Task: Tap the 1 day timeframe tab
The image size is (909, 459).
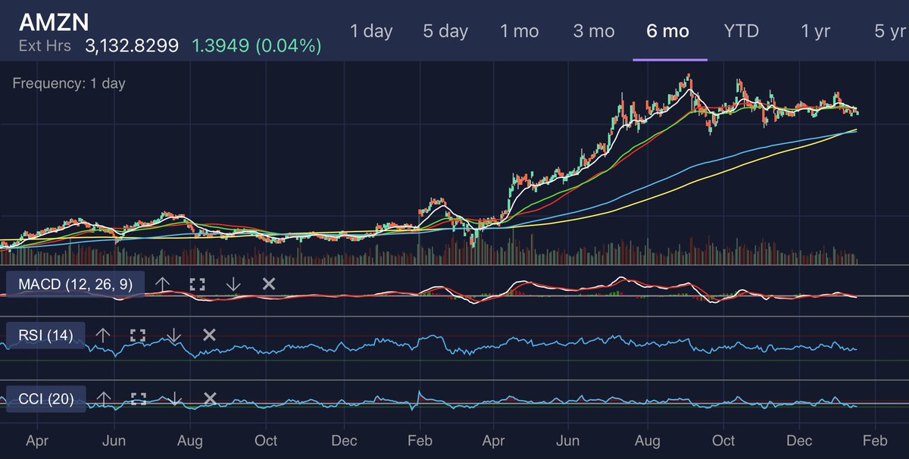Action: point(371,32)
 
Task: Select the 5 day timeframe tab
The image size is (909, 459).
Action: point(445,32)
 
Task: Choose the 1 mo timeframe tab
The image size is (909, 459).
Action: point(520,32)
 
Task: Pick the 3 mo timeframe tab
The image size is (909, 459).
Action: point(594,32)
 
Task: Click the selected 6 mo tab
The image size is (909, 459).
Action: point(668,32)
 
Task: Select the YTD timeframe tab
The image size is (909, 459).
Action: point(742,32)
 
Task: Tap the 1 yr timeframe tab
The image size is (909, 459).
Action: point(816,32)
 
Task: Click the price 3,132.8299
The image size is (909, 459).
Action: point(132,46)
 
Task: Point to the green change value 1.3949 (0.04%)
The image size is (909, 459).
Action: point(256,46)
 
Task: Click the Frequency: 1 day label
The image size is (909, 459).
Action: point(69,84)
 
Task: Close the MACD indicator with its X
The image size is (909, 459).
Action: point(268,284)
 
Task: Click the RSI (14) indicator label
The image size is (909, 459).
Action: point(45,335)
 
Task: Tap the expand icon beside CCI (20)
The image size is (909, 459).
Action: point(138,398)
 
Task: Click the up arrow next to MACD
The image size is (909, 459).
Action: point(162,284)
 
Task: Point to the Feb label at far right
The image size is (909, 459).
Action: point(876,441)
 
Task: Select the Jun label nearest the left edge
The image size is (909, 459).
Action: point(114,441)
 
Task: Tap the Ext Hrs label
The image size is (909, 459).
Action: point(45,46)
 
